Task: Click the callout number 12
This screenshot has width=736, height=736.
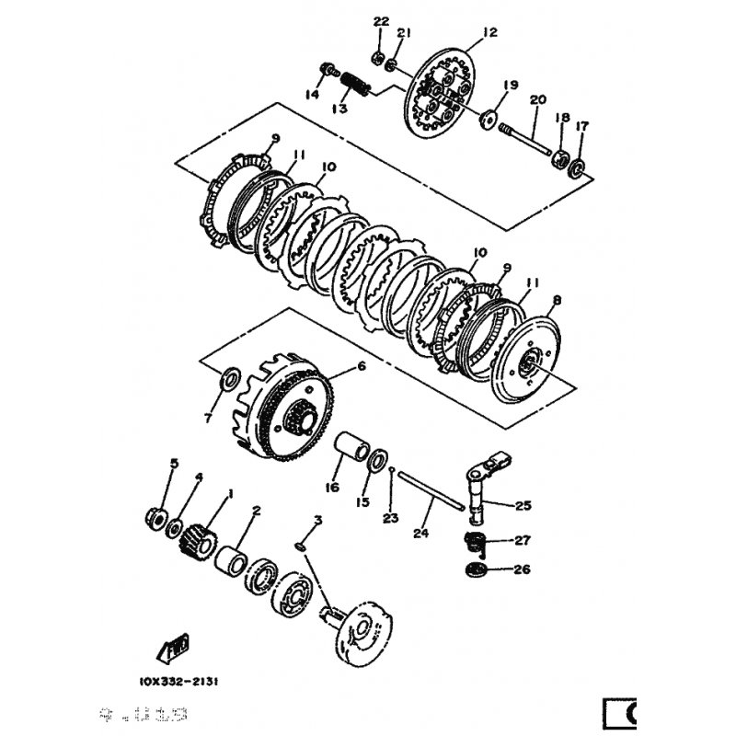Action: (x=489, y=32)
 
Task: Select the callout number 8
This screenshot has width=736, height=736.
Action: (x=556, y=300)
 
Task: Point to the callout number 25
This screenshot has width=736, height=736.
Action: (x=523, y=505)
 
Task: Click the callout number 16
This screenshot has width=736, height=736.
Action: (x=333, y=488)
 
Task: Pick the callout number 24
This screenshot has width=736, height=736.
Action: (x=422, y=533)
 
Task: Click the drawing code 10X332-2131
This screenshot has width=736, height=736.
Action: (x=179, y=682)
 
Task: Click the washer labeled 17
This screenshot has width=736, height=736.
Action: (x=577, y=167)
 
